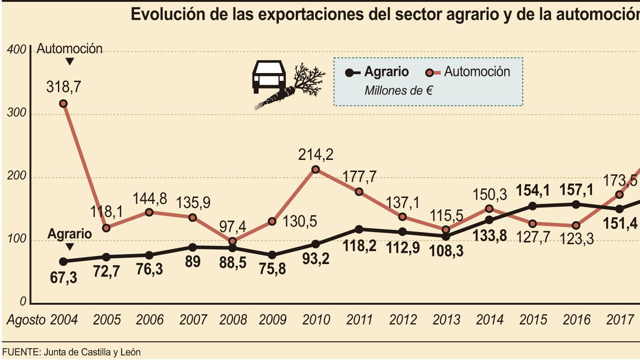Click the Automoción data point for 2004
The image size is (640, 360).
click(64, 104)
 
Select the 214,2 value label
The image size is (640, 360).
click(316, 155)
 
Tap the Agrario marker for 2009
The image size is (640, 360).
click(272, 255)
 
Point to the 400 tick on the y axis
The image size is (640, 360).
click(16, 49)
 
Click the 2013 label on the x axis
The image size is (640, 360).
click(446, 320)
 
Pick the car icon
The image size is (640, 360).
click(269, 76)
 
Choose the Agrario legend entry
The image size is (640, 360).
click(377, 72)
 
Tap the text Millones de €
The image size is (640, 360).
click(399, 91)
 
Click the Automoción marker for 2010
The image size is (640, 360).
click(315, 169)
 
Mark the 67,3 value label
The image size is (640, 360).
click(64, 277)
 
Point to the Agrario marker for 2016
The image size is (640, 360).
click(576, 205)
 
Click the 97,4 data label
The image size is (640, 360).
click(233, 227)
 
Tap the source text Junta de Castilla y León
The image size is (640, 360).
click(92, 352)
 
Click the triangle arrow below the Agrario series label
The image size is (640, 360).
click(70, 247)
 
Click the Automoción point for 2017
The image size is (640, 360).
click(619, 195)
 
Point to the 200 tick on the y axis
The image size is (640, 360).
click(16, 176)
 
